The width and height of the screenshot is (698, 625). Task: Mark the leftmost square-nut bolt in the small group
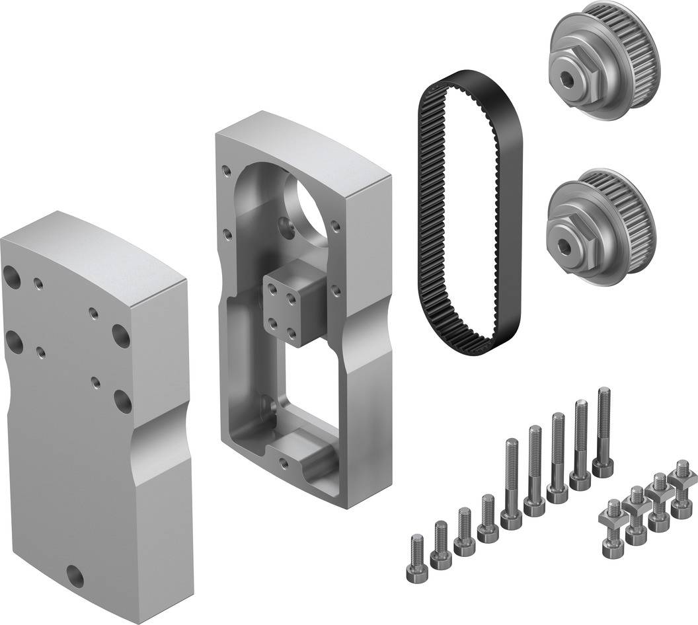pos(611,529)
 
